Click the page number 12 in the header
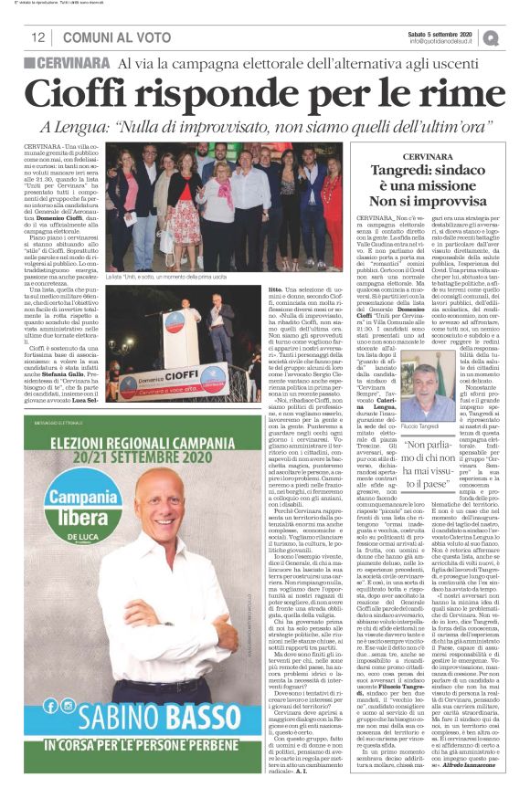[37, 37]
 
